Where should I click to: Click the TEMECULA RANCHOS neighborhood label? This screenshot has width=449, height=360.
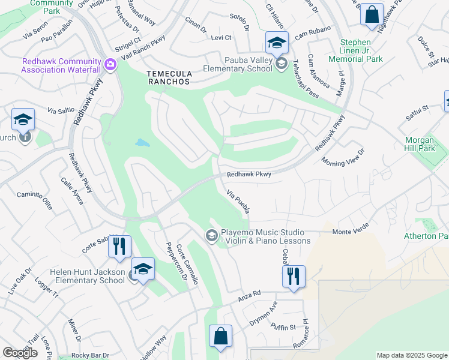169,77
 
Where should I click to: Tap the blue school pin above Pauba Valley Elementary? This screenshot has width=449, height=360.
277,43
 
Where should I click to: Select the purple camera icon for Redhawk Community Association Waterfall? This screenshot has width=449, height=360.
110,64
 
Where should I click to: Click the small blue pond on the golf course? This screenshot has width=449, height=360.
142,143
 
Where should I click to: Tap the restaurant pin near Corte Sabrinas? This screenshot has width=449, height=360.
121,246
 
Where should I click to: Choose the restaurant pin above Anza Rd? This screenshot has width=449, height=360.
294,277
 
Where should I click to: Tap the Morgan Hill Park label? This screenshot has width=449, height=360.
427,143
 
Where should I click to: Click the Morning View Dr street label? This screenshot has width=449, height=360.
343,158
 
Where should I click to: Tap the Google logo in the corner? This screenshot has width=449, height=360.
20,353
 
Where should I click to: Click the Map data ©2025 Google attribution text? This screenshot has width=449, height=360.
411,355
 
